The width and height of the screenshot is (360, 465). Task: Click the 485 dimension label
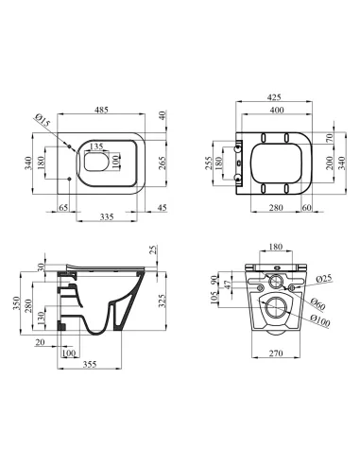pos(101,110)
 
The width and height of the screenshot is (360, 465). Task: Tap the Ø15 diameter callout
pos(43,121)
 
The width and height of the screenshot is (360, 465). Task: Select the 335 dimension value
pos(107,216)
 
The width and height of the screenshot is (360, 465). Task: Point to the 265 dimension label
pos(163,163)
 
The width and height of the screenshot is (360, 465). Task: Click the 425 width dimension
pos(274,97)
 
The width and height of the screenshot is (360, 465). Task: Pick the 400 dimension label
pos(277,110)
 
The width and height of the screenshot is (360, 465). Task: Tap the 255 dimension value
pos(209,164)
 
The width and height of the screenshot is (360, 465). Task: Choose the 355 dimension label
pos(90,364)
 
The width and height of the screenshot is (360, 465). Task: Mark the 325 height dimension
pos(162,301)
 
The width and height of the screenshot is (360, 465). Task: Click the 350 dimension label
pos(16,303)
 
